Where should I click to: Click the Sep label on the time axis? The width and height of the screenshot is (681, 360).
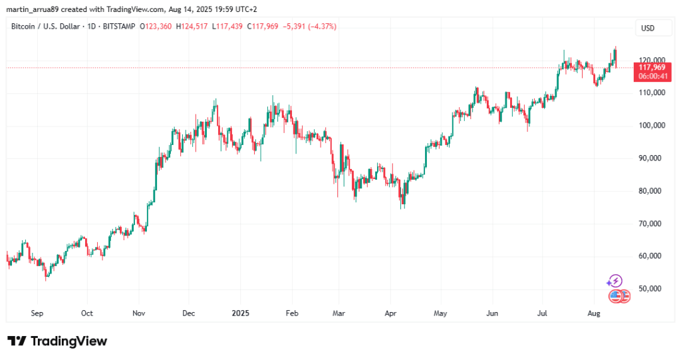[x=37, y=312]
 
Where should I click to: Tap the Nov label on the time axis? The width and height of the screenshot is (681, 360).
[x=139, y=312]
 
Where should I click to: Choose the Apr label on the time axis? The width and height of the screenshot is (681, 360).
[x=390, y=312]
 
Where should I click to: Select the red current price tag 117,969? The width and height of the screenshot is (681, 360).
[x=652, y=67]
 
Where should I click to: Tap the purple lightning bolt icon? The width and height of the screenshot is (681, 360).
[x=615, y=281]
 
